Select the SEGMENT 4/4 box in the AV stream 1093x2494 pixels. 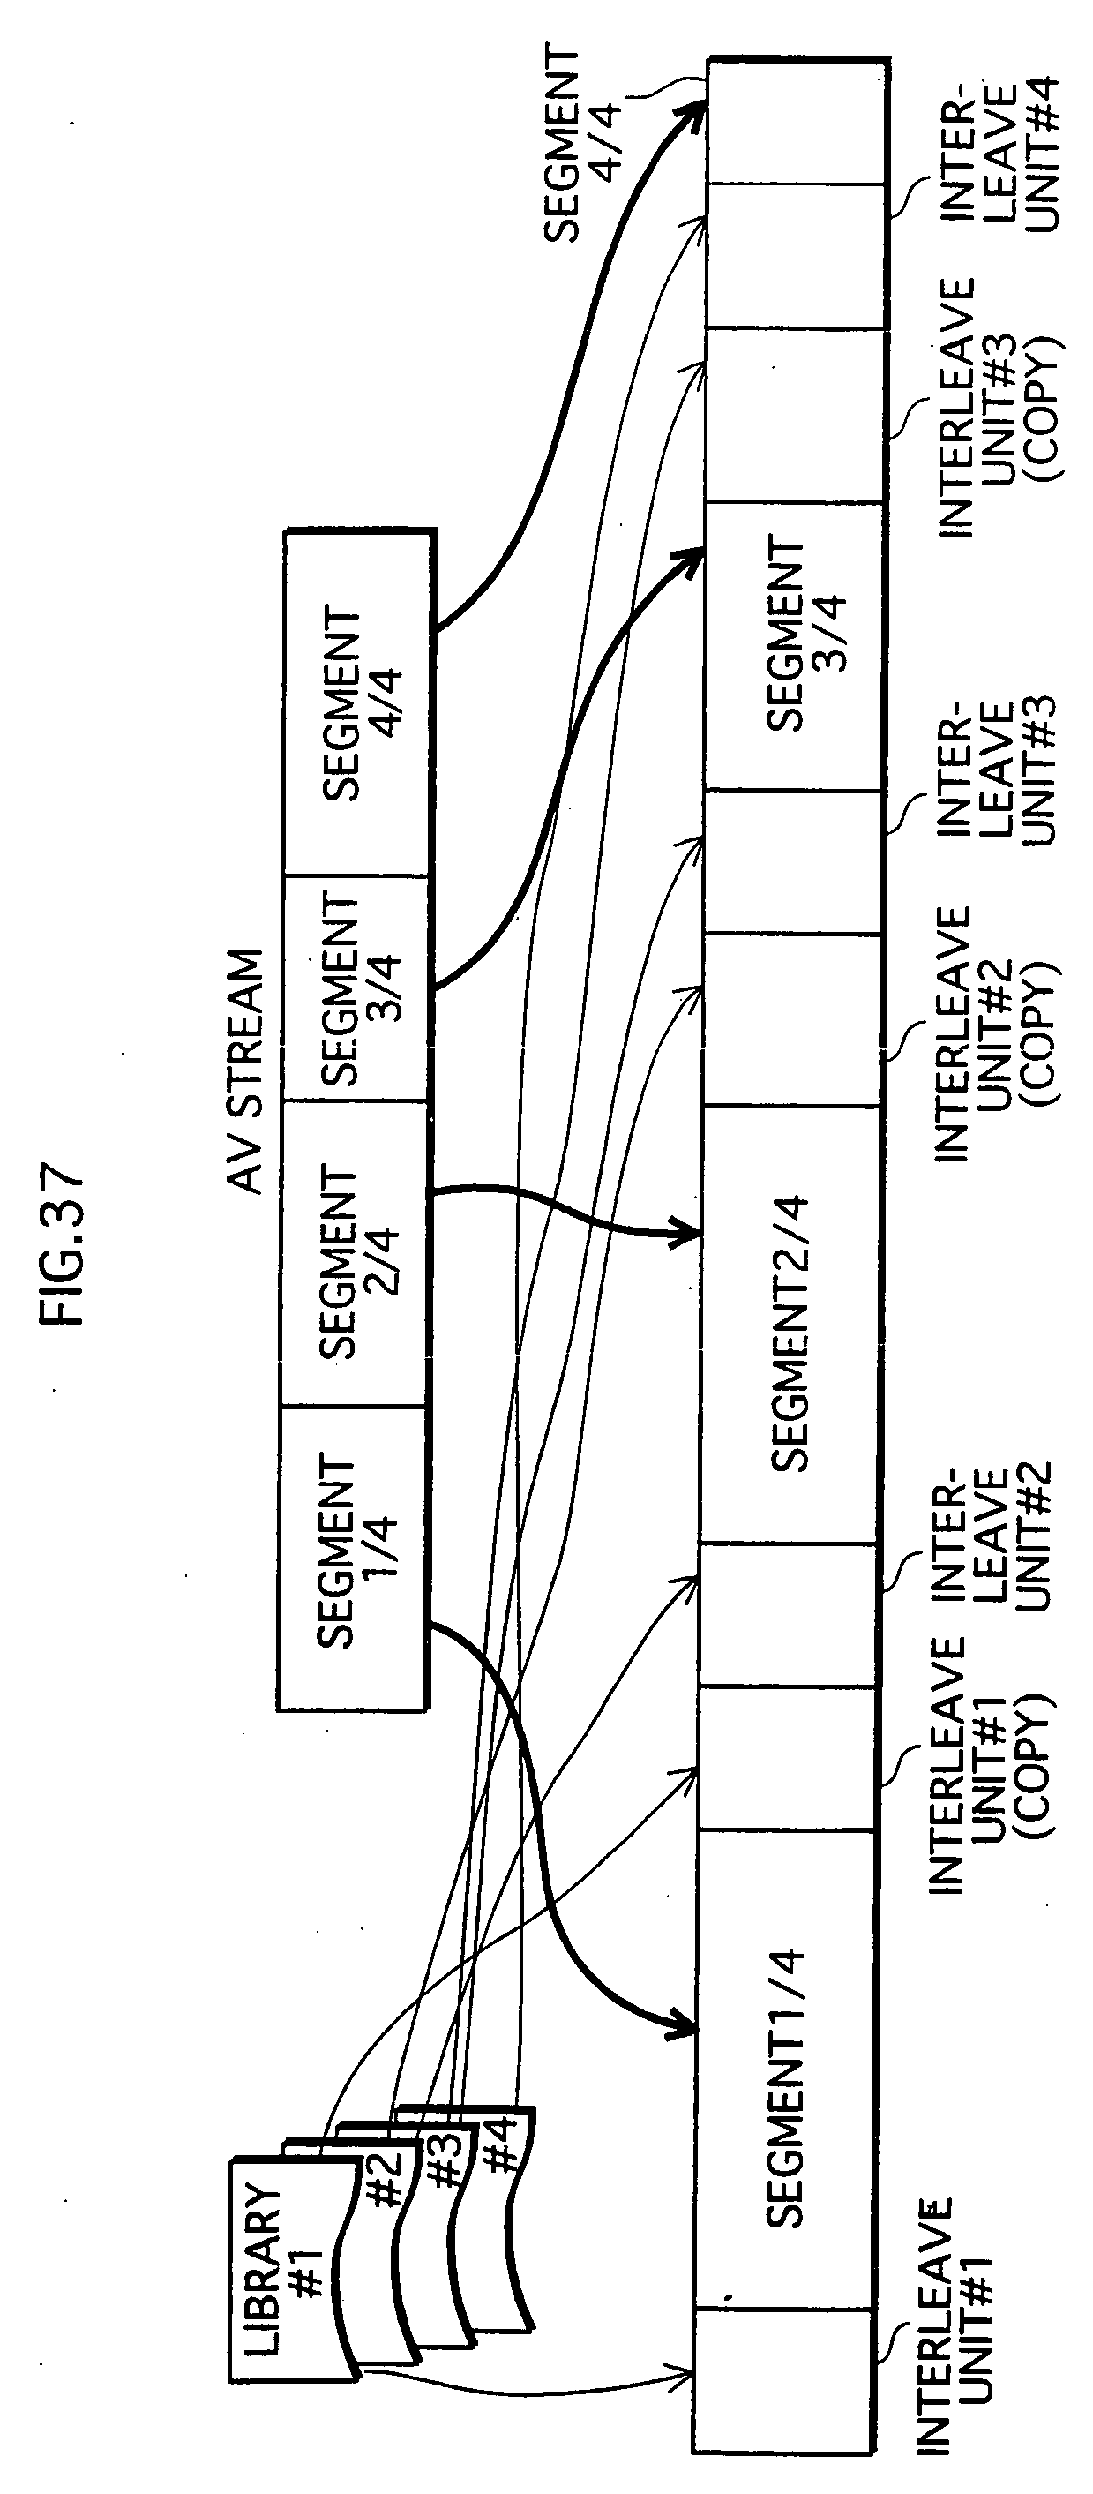(358, 704)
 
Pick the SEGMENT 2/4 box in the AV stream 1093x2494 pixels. (355, 1255)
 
